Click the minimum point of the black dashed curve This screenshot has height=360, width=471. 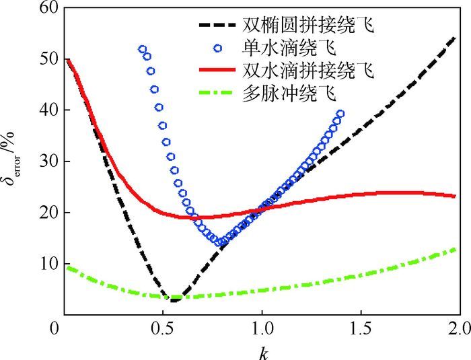point(174,300)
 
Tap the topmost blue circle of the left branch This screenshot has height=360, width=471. point(142,50)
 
